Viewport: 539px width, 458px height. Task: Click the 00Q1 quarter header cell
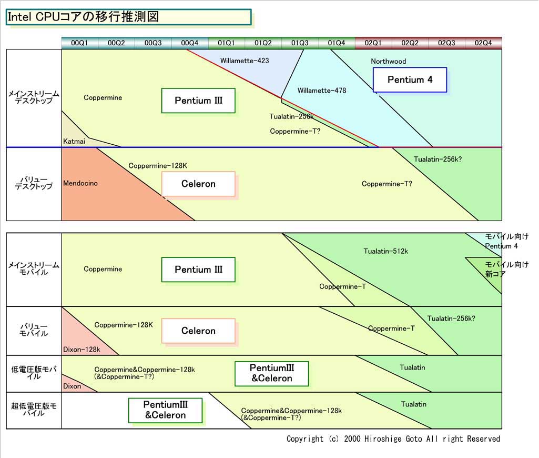tap(79, 43)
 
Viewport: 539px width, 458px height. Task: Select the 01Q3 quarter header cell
tap(300, 43)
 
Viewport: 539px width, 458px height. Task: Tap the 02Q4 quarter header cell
tap(483, 43)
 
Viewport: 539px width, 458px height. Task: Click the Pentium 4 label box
tap(410, 80)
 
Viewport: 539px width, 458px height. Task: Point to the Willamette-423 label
tap(245, 61)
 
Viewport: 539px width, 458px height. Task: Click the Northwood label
tap(388, 61)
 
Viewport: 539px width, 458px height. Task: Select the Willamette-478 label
tap(321, 91)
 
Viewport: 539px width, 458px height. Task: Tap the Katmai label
tap(73, 141)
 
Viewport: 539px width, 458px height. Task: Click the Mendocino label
tap(80, 183)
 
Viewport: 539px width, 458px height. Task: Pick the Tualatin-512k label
tap(385, 251)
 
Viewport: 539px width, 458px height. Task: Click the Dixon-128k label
tap(81, 349)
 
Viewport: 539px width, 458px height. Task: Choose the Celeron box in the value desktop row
tap(198, 184)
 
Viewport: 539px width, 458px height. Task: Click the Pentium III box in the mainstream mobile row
tap(198, 270)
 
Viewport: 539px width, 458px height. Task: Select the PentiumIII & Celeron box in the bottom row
tap(165, 410)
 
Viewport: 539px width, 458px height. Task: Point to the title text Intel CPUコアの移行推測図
tap(83, 16)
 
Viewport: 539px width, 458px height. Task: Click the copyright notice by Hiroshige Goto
tap(393, 439)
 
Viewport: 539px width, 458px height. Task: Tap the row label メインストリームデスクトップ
tap(34, 97)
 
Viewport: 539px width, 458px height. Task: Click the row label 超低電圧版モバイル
tap(34, 410)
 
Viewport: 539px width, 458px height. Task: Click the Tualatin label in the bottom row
tap(413, 404)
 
